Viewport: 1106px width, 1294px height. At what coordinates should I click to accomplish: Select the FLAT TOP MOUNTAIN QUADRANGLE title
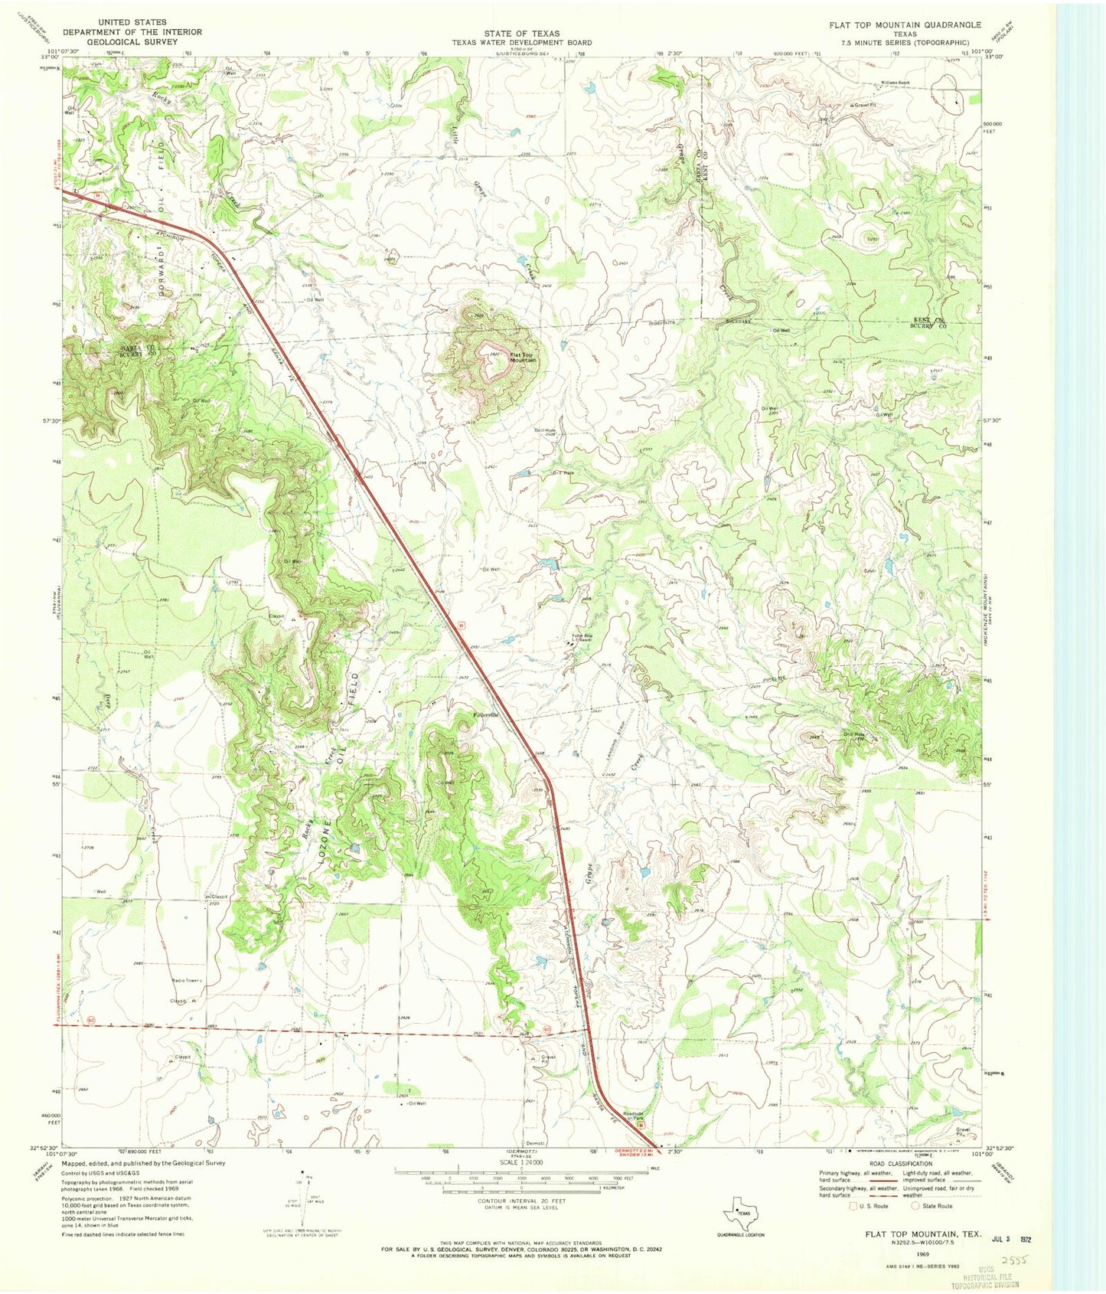905,25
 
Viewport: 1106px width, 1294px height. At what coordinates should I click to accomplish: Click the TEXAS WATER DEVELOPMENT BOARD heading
522,43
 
